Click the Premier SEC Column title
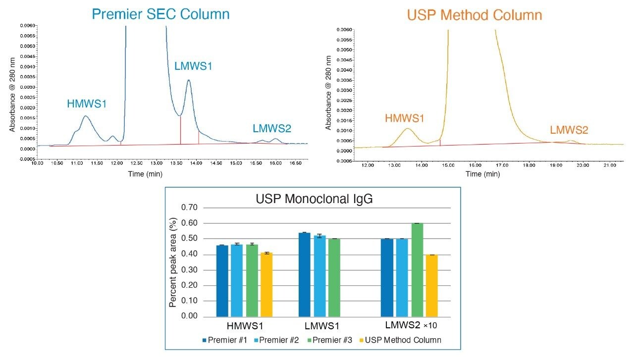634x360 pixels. pyautogui.click(x=160, y=14)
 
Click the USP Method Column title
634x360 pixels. pyautogui.click(x=474, y=15)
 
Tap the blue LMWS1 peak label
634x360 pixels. pyautogui.click(x=193, y=66)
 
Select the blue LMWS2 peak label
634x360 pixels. pyautogui.click(x=272, y=129)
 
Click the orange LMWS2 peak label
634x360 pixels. pyautogui.click(x=569, y=130)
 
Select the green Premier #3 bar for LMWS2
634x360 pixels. pyautogui.click(x=417, y=269)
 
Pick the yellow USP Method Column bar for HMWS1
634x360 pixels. pyautogui.click(x=266, y=284)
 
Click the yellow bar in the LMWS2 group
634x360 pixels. pyautogui.click(x=431, y=285)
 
